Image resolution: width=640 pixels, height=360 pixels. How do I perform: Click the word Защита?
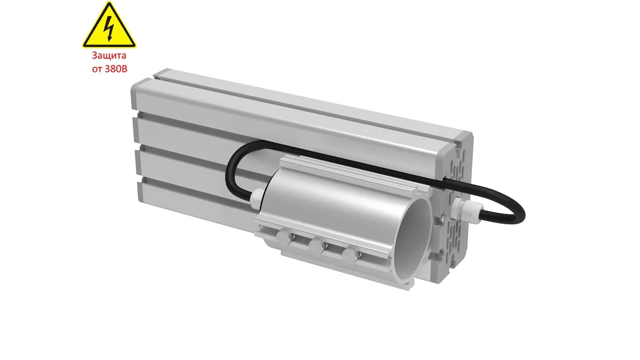coord(109,56)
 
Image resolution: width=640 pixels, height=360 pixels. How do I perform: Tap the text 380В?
coord(116,69)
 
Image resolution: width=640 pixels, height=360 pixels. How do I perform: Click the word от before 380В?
coord(97,70)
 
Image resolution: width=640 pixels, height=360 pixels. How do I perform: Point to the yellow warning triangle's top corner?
coord(109,2)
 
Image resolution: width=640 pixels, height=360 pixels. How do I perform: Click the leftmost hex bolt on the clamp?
coord(283,237)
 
